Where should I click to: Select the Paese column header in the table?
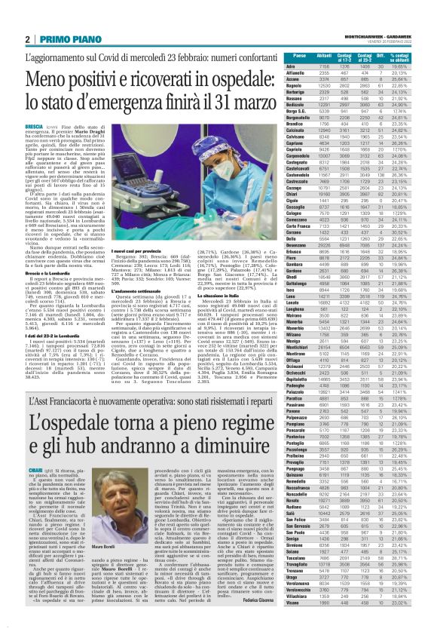coord(300,57)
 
